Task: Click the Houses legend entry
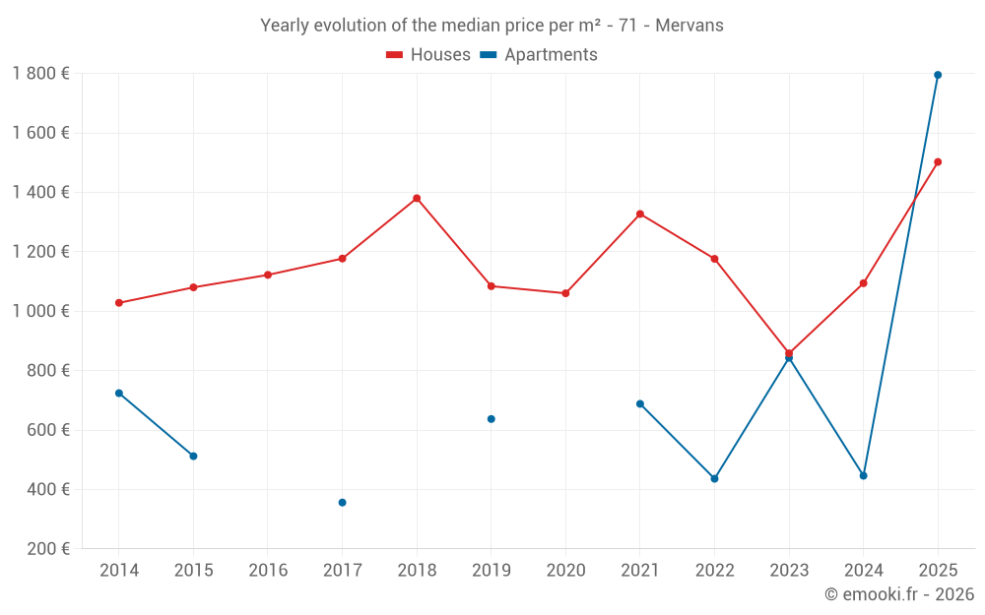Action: [428, 55]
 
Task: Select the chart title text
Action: [492, 26]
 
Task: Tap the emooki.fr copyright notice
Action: [898, 594]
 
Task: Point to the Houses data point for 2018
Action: [417, 198]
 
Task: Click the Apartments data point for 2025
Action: [938, 75]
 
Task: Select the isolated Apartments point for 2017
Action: [342, 503]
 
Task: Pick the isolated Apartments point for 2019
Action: [492, 419]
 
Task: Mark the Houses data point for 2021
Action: [640, 214]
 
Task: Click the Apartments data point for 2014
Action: [119, 393]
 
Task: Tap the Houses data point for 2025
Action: [938, 162]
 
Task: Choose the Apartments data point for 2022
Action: [714, 478]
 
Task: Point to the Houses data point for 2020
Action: [565, 293]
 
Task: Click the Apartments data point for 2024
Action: [863, 475]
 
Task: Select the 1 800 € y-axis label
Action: [40, 74]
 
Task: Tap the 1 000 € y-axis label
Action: [40, 311]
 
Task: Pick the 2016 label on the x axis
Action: [268, 571]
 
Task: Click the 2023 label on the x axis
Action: [789, 571]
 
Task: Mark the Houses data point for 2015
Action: [193, 287]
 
